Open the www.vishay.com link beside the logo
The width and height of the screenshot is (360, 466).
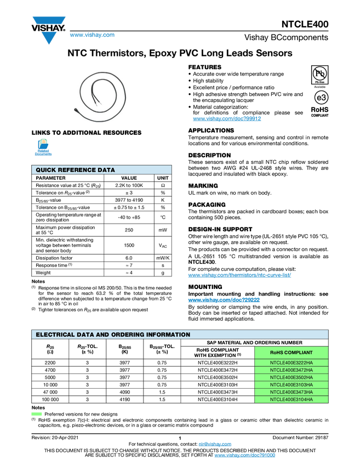[92, 36]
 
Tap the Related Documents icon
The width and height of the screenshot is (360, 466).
[43, 147]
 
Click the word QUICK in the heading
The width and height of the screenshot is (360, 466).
[46, 170]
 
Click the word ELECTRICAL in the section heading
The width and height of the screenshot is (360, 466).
[54, 334]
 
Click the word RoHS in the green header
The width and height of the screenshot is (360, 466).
[277, 352]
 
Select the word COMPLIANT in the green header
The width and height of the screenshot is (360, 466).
[299, 352]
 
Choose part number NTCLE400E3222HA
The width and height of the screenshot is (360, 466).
[292, 362]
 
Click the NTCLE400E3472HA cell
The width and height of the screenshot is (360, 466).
[292, 370]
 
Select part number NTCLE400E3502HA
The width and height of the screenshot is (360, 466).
[292, 377]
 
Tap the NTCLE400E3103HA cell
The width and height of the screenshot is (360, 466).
[292, 385]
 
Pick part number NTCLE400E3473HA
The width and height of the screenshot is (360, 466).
[292, 392]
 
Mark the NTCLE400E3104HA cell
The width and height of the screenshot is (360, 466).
[292, 400]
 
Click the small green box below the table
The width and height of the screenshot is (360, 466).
[37, 414]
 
